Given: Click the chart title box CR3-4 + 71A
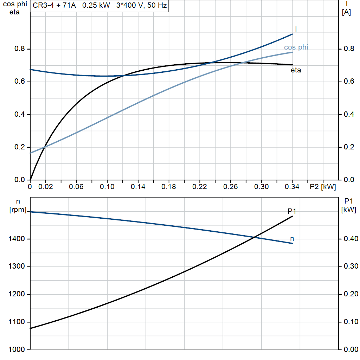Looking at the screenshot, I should (x=99, y=6).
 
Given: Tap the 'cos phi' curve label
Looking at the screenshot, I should (x=296, y=47).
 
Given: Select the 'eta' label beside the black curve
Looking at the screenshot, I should (x=296, y=70).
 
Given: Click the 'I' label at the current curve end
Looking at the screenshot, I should (x=296, y=29).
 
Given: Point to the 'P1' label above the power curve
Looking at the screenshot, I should (x=292, y=211).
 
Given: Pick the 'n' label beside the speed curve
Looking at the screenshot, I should (x=292, y=239).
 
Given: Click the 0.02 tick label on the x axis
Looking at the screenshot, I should (x=46, y=187).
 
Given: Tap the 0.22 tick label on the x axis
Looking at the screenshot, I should (x=199, y=187).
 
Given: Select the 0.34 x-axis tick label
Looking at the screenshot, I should (x=292, y=187).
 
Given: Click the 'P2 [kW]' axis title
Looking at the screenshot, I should (x=322, y=187).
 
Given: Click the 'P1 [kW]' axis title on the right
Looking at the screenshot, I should (x=348, y=206).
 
